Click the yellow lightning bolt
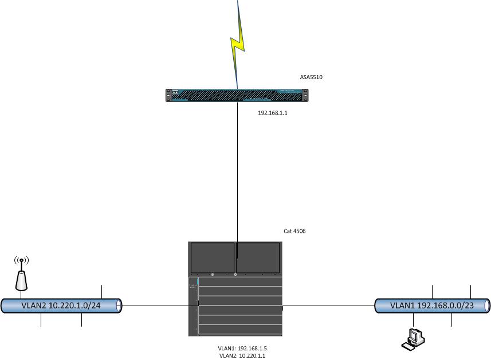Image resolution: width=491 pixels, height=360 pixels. (x=237, y=45)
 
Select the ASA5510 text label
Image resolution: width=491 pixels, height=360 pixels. (x=311, y=77)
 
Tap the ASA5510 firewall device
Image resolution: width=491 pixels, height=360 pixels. (x=237, y=96)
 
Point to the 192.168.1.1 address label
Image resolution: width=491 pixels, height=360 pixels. (x=273, y=113)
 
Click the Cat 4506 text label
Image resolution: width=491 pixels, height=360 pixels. (x=294, y=231)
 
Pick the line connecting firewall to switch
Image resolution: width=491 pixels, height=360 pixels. (x=237, y=180)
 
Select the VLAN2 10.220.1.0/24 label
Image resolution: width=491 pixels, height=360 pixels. (x=61, y=306)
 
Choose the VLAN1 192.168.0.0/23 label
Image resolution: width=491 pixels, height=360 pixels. (x=432, y=306)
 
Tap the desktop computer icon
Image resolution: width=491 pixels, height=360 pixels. (x=413, y=339)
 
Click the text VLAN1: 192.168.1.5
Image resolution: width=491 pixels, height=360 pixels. (x=242, y=349)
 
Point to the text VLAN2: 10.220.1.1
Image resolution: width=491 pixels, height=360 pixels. (x=242, y=355)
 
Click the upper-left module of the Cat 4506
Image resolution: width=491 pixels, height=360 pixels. (x=213, y=258)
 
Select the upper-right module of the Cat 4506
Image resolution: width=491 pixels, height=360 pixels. (x=258, y=258)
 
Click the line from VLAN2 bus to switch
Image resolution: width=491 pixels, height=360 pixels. (x=160, y=306)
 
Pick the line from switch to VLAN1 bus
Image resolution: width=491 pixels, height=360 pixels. (x=328, y=306)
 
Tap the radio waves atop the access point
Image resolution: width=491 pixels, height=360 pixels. (x=21, y=260)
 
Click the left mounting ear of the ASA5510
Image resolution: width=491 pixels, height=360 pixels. (x=168, y=96)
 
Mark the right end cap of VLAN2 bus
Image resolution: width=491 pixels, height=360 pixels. (x=119, y=306)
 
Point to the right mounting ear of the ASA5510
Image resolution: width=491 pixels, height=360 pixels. (x=305, y=96)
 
